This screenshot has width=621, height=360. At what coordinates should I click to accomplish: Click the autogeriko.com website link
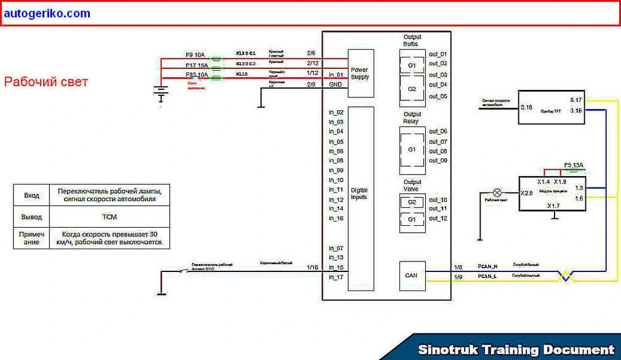pos(46,13)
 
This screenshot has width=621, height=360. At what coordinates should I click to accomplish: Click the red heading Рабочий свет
pos(46,82)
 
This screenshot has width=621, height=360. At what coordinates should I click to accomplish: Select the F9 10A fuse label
pos(196,54)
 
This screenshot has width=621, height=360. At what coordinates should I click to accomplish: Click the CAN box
pos(411,274)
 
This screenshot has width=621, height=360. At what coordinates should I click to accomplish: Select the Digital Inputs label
pos(359,194)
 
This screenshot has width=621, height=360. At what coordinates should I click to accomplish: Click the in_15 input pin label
pos(336,267)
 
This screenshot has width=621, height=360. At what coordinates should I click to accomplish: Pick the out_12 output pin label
pos(438,218)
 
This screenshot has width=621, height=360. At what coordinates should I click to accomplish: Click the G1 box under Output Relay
pos(412,150)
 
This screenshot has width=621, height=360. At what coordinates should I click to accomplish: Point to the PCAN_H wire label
pos(487,266)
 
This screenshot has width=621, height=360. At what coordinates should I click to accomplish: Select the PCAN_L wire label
pos(487,276)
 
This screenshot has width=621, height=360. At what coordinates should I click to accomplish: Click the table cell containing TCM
pos(110,217)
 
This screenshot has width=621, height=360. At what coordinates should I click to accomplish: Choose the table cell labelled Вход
pos(31,195)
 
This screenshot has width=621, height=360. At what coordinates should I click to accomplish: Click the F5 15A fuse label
pos(574,165)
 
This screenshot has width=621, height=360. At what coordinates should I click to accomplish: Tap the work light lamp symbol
pos(497,193)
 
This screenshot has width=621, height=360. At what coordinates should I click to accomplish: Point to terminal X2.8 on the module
pos(526,193)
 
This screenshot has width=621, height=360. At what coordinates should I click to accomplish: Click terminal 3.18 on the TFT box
pos(526,107)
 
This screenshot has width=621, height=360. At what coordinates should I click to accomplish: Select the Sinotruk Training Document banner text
pos(516,350)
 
